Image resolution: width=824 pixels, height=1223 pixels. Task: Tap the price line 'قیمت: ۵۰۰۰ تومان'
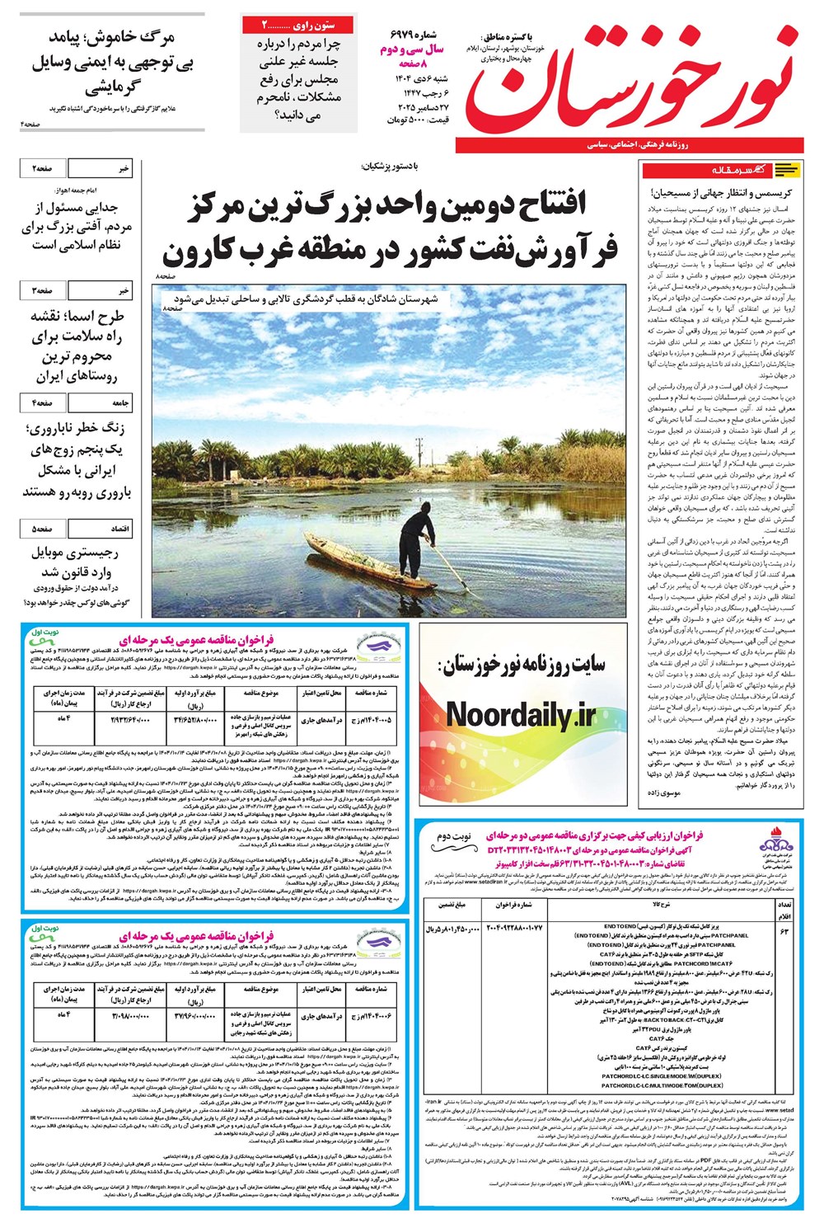coord(419,120)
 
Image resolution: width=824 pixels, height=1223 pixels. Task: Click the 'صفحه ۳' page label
coord(43,290)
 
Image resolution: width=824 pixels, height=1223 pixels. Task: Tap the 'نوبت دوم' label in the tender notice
coord(454,837)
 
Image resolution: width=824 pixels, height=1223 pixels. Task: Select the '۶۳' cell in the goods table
coord(783,930)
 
